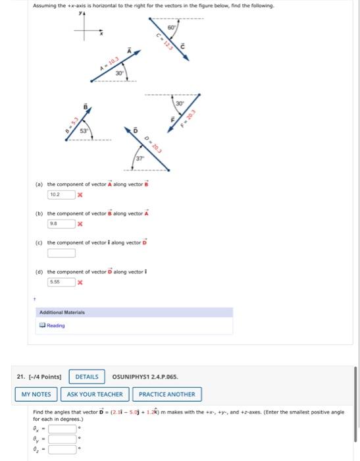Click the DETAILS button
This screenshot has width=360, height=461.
pos(86,377)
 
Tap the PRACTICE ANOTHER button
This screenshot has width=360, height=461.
pos(167,394)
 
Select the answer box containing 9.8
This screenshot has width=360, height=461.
pos(61,224)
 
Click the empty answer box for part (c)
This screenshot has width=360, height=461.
pos(61,252)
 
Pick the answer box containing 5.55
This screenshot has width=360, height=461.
pos(61,281)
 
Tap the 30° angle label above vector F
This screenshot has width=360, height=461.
pos(178,104)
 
